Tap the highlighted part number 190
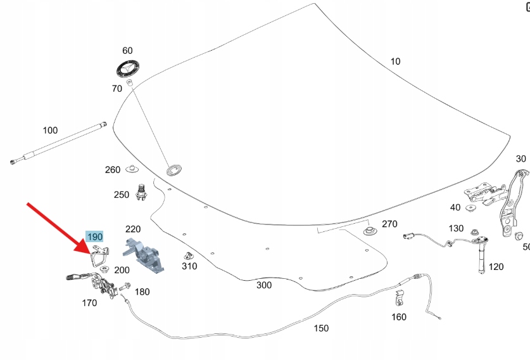coord(94,236)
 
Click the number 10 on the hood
coord(395,61)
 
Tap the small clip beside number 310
coord(187,257)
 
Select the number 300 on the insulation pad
coord(264,285)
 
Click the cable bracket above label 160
coord(399,296)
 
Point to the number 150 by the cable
coord(322,328)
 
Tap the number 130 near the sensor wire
coord(456,228)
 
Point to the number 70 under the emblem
coord(117,89)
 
